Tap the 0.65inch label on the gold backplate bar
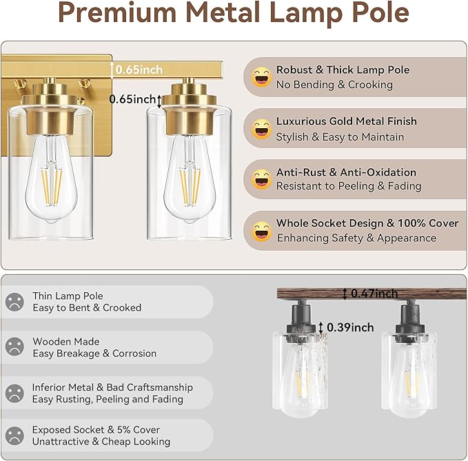tap(139, 69)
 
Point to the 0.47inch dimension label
tap(374, 294)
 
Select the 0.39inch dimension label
tap(350, 327)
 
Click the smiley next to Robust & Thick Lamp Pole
tap(261, 77)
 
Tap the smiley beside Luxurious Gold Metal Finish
tap(261, 129)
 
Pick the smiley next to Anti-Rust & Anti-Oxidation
tap(261, 179)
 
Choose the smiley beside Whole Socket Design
tap(261, 231)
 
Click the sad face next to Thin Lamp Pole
tap(14, 302)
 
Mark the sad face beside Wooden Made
tap(14, 347)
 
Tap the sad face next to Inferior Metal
tap(14, 393)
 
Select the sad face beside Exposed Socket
tap(14, 436)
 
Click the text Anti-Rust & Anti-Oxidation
tap(346, 172)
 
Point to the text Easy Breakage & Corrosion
tap(94, 354)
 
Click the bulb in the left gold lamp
tap(52, 176)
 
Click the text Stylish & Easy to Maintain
tap(340, 136)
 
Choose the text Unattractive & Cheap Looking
tap(101, 442)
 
